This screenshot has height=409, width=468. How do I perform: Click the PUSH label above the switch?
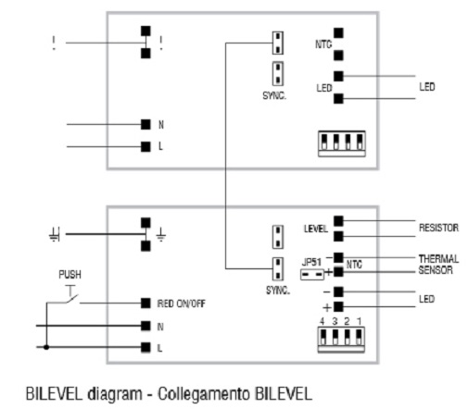(70, 274)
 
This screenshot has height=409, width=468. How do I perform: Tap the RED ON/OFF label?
(181, 304)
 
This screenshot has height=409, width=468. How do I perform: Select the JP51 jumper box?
(312, 274)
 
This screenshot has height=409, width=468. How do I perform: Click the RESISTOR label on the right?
(438, 228)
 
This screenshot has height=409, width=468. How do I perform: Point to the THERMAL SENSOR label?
(438, 265)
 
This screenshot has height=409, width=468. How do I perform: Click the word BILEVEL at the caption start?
(54, 393)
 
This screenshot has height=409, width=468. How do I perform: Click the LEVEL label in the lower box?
(315, 229)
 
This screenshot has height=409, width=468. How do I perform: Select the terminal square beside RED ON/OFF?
(145, 304)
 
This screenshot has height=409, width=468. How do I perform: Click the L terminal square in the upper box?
(145, 146)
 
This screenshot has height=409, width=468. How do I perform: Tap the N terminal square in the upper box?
(145, 124)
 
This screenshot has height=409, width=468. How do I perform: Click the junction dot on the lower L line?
(46, 347)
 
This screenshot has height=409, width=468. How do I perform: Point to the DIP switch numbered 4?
(323, 337)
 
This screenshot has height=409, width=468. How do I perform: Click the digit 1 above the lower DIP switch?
(359, 321)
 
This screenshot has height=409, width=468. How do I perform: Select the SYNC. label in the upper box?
(274, 95)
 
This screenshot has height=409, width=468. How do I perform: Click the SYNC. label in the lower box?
(278, 291)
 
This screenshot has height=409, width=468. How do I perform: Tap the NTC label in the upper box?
(323, 44)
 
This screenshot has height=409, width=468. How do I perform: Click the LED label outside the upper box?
(427, 87)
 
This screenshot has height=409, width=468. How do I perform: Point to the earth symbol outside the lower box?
(55, 234)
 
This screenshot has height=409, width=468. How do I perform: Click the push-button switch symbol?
(71, 294)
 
